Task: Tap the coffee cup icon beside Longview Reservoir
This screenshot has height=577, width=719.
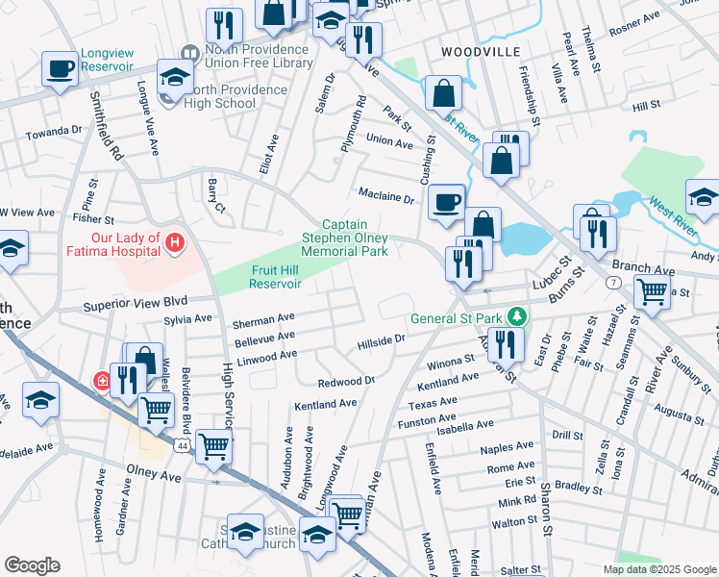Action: pyautogui.click(x=61, y=69)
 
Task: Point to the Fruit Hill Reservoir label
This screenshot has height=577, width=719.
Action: pyautogui.click(x=276, y=277)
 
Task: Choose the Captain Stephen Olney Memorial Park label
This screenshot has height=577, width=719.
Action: pyautogui.click(x=345, y=238)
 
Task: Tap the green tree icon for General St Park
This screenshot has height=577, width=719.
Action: pyautogui.click(x=517, y=315)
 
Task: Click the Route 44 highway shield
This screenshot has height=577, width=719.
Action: pyautogui.click(x=182, y=446)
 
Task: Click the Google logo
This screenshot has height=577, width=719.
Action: pyautogui.click(x=32, y=565)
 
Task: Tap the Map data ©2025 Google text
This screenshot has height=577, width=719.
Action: pyautogui.click(x=658, y=569)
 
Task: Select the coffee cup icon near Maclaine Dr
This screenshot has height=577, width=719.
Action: pyautogui.click(x=446, y=202)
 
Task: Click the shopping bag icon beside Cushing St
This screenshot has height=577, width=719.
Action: pyautogui.click(x=444, y=94)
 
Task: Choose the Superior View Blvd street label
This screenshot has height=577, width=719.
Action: pyautogui.click(x=134, y=303)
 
